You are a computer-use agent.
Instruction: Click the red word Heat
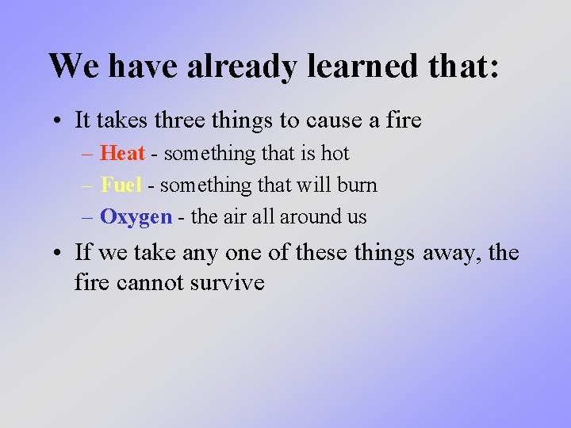[x=122, y=153]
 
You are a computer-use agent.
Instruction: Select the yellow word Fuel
[x=121, y=185]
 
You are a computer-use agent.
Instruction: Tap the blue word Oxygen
[x=136, y=217]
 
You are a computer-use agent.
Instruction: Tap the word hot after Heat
[x=335, y=153]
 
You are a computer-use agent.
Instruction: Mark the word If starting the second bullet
[x=82, y=253]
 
